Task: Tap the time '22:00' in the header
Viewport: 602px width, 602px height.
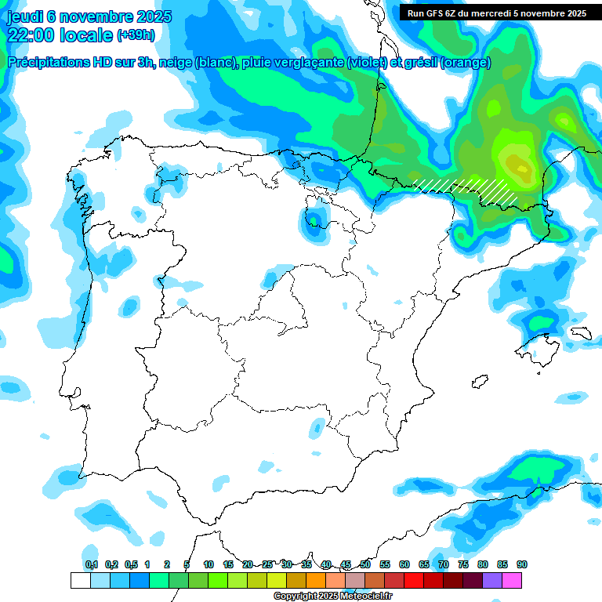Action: [x=28, y=34]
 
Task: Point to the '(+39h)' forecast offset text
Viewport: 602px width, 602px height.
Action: [x=136, y=35]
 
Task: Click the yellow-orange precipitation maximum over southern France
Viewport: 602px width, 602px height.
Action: [x=517, y=166]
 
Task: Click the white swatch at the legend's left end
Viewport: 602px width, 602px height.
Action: [x=80, y=580]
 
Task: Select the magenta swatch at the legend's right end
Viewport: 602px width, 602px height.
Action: [x=512, y=580]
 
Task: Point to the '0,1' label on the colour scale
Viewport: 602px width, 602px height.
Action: [x=92, y=564]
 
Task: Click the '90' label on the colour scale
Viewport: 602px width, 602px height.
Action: [x=522, y=564]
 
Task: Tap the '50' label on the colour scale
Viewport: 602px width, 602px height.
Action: [x=365, y=564]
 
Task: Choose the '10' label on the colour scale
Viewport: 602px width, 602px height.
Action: [x=209, y=564]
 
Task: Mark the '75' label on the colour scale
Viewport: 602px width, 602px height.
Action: [x=463, y=564]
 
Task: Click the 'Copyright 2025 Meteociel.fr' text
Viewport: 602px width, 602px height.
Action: [x=332, y=596]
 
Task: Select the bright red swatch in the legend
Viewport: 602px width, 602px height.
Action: [x=414, y=580]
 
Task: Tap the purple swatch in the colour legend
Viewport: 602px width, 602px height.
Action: [x=492, y=580]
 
